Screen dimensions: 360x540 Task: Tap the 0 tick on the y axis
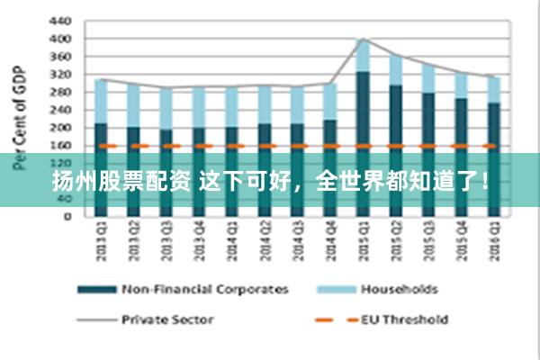click(67, 216)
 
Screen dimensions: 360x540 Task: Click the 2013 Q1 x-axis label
click(100, 242)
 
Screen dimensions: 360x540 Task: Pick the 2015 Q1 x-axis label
click(363, 242)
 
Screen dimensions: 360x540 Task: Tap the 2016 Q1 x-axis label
click(493, 242)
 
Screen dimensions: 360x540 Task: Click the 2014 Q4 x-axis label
click(329, 242)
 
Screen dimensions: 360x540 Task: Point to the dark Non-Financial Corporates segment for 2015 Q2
click(395, 117)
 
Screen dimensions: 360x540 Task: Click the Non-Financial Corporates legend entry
click(204, 289)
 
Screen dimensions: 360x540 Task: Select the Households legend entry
click(399, 289)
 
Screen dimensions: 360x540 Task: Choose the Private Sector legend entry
click(167, 318)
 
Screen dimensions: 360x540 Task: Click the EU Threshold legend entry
click(404, 318)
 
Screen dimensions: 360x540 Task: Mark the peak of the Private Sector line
click(363, 39)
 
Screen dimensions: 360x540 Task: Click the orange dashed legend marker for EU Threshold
click(332, 318)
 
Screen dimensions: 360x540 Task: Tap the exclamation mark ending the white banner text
click(485, 180)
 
